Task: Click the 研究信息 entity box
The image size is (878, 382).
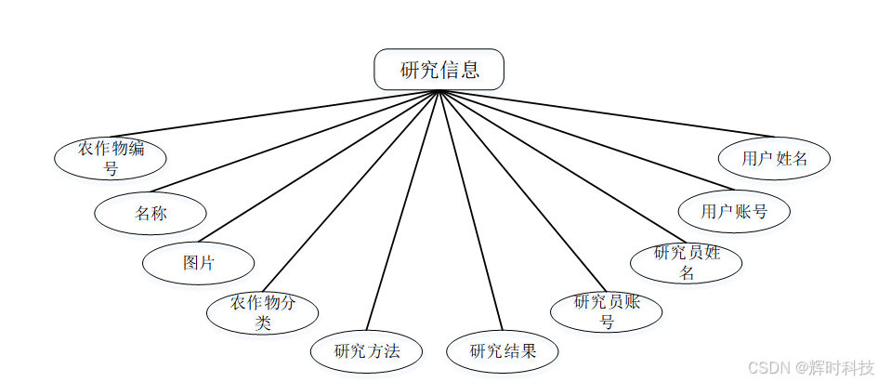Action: click(x=439, y=70)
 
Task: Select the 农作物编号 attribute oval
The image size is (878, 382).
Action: click(x=111, y=158)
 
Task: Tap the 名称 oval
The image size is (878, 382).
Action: click(x=151, y=213)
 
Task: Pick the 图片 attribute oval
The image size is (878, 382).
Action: click(x=198, y=262)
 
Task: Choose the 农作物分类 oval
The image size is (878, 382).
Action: click(x=262, y=312)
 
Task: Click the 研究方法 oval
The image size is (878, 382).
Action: click(x=367, y=351)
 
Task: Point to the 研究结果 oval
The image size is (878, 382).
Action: click(x=503, y=351)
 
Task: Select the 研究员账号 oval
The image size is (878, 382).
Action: click(x=607, y=311)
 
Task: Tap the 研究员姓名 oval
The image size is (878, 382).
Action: click(x=687, y=262)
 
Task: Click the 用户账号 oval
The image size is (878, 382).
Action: click(x=734, y=211)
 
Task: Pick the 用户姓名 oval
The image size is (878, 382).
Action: click(x=774, y=158)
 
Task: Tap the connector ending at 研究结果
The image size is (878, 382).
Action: click(x=470, y=211)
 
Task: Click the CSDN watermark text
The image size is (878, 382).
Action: click(x=767, y=368)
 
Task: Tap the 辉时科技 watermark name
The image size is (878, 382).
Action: click(x=842, y=368)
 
